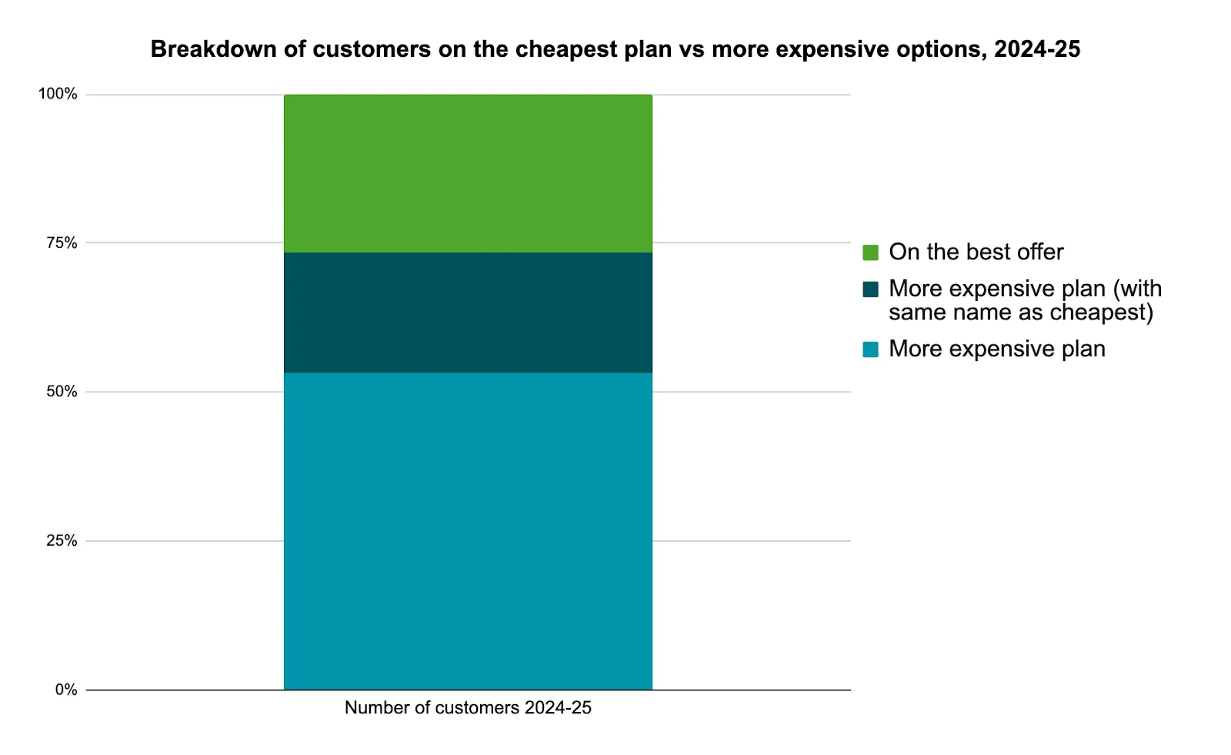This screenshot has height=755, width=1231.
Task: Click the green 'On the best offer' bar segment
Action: tap(468, 173)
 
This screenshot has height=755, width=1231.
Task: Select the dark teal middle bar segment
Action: tap(468, 312)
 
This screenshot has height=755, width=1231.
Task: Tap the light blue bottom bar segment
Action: tap(468, 531)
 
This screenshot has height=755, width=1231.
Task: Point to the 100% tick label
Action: tap(58, 94)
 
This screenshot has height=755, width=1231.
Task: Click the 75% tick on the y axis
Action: tap(62, 243)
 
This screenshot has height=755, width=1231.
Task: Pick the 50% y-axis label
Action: tap(62, 392)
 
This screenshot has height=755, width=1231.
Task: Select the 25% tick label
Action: tap(62, 541)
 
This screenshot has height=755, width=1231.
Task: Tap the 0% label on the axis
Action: tap(66, 690)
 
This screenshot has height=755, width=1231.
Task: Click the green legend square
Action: tap(870, 252)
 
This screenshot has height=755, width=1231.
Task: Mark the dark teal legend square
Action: tap(870, 289)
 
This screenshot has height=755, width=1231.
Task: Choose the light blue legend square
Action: tap(870, 349)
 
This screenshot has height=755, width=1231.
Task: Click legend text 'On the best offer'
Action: tap(976, 252)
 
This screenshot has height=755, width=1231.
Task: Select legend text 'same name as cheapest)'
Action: tap(1020, 312)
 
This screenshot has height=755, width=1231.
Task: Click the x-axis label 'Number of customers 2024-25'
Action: tap(468, 707)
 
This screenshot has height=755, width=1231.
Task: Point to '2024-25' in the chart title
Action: tap(1036, 49)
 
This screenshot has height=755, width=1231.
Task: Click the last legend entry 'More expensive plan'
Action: tap(996, 349)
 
